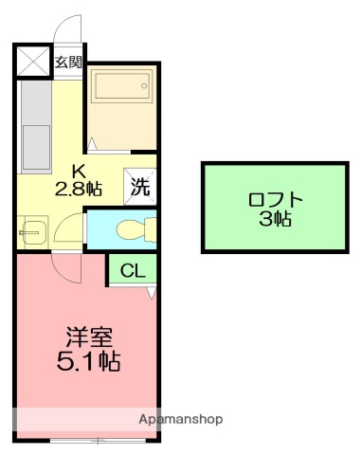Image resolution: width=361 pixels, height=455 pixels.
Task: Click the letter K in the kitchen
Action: pyautogui.click(x=81, y=171)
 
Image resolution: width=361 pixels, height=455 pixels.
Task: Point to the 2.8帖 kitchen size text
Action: pyautogui.click(x=81, y=188)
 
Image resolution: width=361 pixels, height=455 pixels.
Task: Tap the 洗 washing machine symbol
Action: pyautogui.click(x=138, y=186)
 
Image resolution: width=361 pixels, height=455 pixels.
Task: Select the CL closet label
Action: pyautogui.click(x=133, y=271)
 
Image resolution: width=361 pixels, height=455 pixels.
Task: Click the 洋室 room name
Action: pyautogui.click(x=90, y=337)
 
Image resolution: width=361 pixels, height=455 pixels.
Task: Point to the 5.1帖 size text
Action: pyautogui.click(x=90, y=361)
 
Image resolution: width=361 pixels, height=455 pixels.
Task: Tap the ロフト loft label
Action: pyautogui.click(x=276, y=200)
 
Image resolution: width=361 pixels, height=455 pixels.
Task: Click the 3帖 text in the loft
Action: pyautogui.click(x=276, y=220)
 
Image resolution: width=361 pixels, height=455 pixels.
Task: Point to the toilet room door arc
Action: pyautogui.click(x=68, y=227)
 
